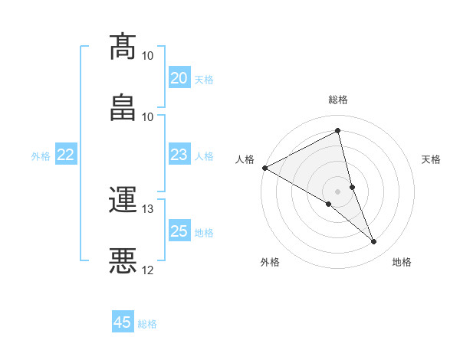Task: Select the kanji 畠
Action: pyautogui.click(x=123, y=106)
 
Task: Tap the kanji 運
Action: pyautogui.click(x=123, y=200)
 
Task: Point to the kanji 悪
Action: pyautogui.click(x=123, y=260)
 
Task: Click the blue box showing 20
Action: pyautogui.click(x=179, y=78)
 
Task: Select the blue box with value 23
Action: pyautogui.click(x=179, y=155)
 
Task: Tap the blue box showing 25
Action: pyautogui.click(x=179, y=232)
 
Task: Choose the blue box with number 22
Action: pyautogui.click(x=66, y=155)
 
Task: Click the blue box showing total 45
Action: pyautogui.click(x=123, y=322)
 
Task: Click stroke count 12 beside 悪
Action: pyautogui.click(x=147, y=270)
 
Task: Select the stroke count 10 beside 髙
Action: pyautogui.click(x=147, y=56)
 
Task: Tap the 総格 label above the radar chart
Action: pyautogui.click(x=338, y=100)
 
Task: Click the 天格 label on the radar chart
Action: pyautogui.click(x=432, y=159)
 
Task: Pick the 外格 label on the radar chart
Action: pyautogui.click(x=270, y=262)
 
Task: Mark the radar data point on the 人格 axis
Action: pyautogui.click(x=264, y=168)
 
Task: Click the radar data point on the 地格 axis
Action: pyautogui.click(x=374, y=242)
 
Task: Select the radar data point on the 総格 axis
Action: pyautogui.click(x=338, y=131)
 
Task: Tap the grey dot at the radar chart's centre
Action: pyautogui.click(x=338, y=191)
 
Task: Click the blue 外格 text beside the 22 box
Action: pyautogui.click(x=41, y=156)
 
